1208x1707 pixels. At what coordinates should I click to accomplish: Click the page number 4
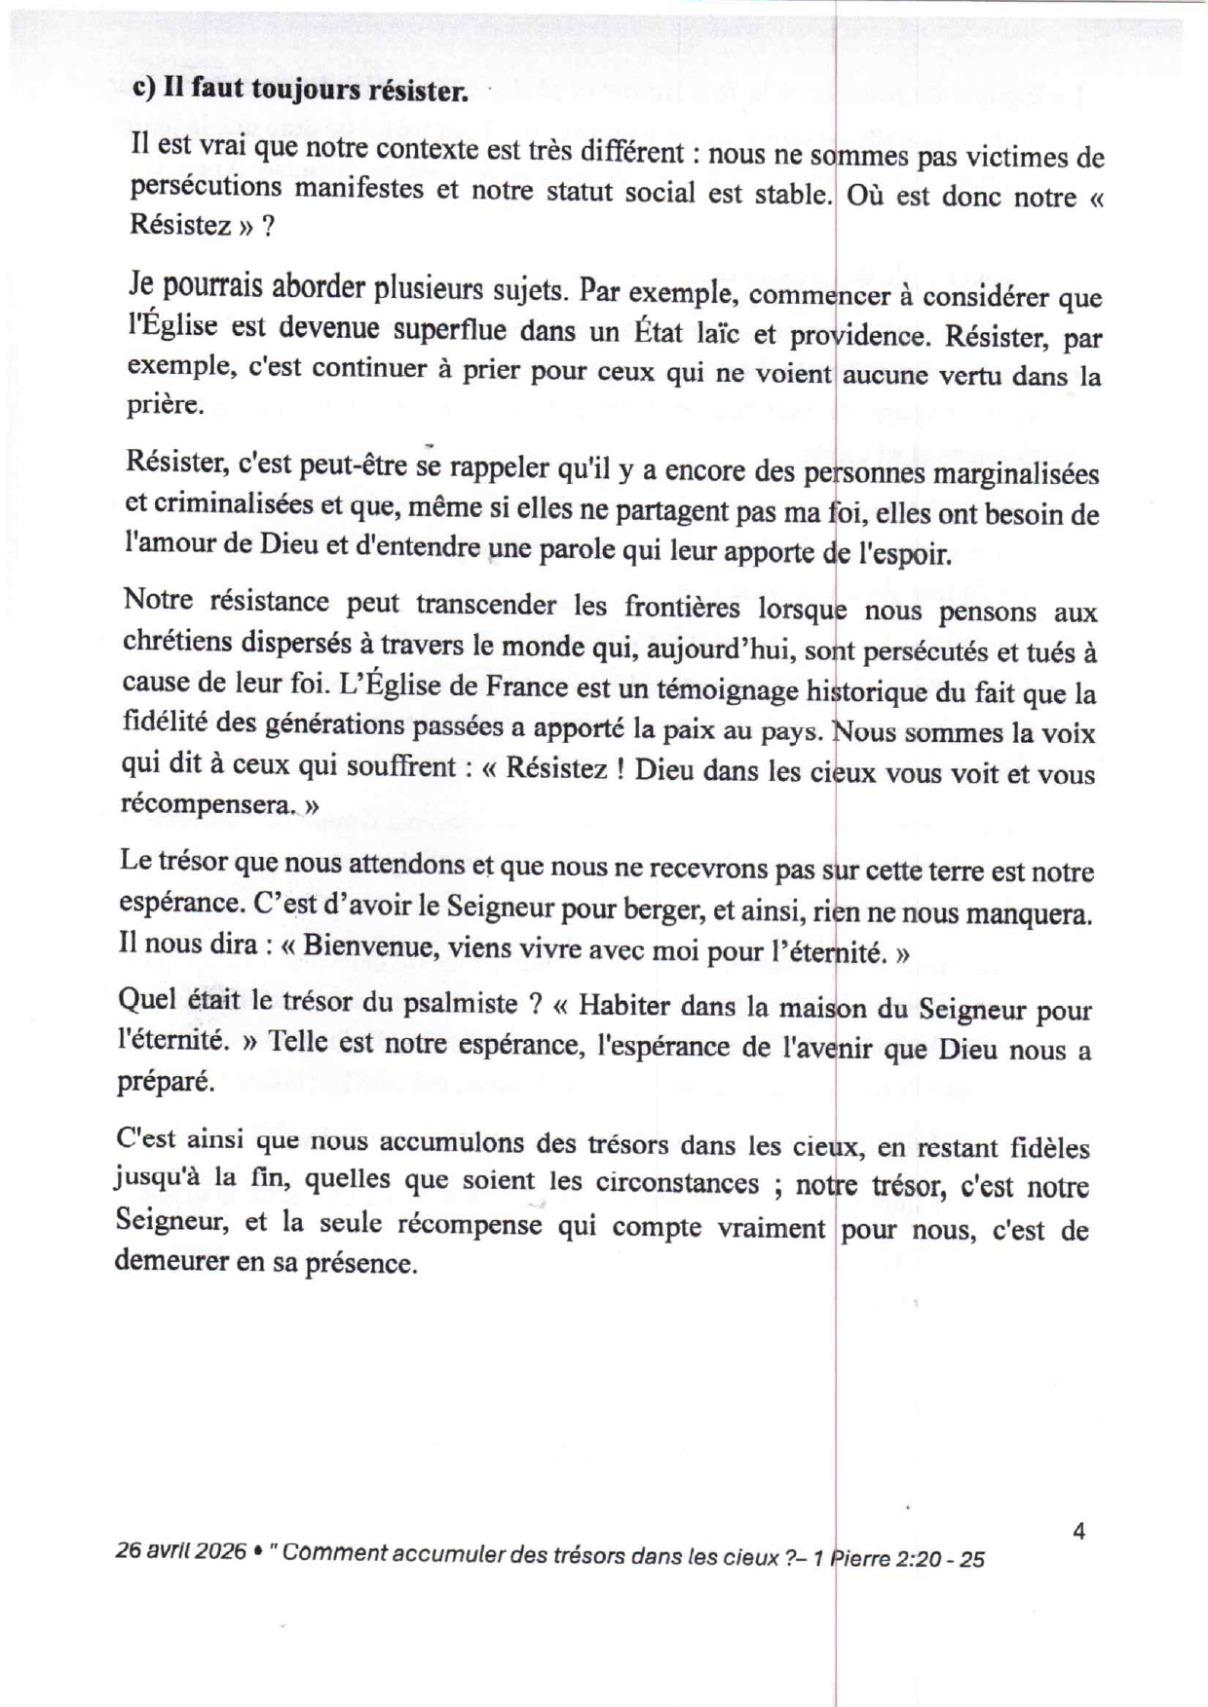pyautogui.click(x=1078, y=1532)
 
